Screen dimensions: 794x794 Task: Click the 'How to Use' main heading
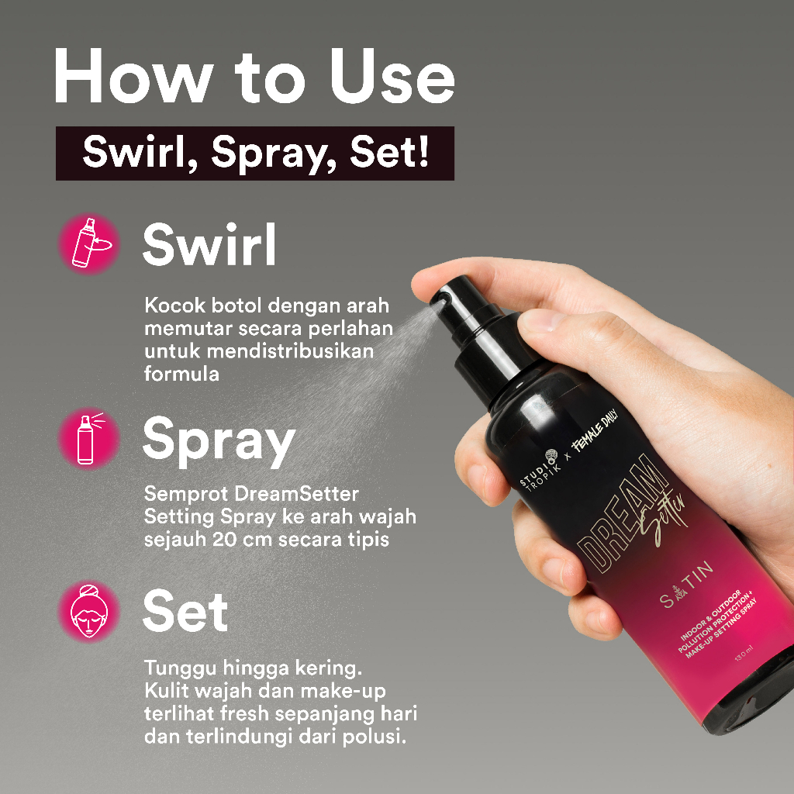click(x=254, y=77)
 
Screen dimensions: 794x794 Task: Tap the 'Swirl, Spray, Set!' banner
click(x=254, y=153)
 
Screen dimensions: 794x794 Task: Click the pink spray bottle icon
click(x=88, y=439)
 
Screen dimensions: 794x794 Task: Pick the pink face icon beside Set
click(x=88, y=611)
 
